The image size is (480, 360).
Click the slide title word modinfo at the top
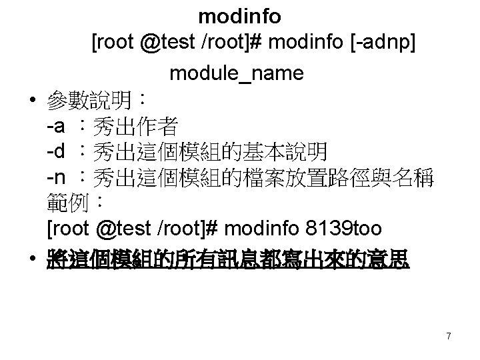click(239, 15)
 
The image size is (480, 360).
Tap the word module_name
click(237, 73)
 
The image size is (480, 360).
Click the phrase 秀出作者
click(136, 125)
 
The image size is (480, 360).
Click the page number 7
click(449, 337)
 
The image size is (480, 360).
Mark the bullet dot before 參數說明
click(33, 103)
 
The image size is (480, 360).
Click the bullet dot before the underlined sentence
click(33, 261)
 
